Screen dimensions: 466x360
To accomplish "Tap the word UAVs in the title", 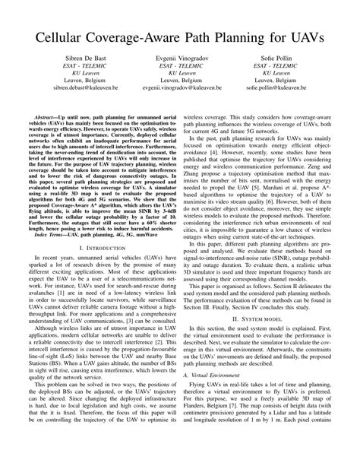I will (302, 36).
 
